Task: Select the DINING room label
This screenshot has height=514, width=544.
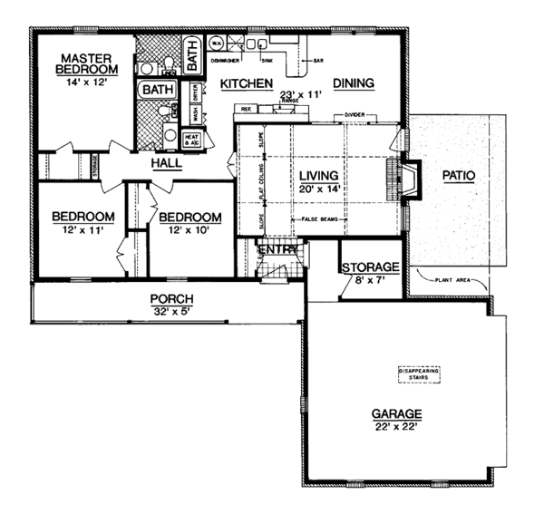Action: (x=353, y=83)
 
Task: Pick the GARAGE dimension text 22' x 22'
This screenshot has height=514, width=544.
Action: (x=394, y=426)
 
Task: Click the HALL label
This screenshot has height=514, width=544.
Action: (x=166, y=164)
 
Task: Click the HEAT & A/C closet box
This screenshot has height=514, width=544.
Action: (x=192, y=140)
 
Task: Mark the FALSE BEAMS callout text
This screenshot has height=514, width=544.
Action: (x=316, y=220)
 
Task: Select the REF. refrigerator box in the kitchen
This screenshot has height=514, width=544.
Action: (x=243, y=109)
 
